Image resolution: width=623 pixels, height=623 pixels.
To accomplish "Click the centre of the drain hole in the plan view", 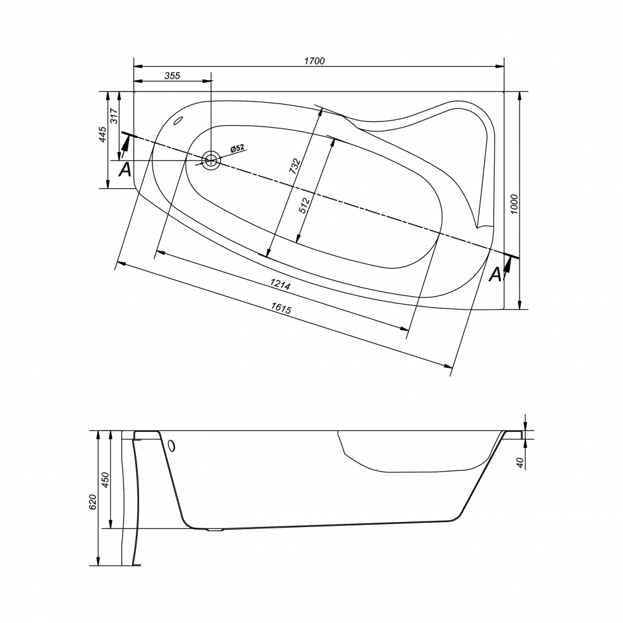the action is (211, 161).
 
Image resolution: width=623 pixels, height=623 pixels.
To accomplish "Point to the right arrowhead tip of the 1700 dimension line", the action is (504, 67).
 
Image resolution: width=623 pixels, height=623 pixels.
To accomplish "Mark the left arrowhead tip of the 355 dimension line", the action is (135, 81).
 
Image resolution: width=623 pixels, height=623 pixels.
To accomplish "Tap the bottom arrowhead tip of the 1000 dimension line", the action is (520, 309).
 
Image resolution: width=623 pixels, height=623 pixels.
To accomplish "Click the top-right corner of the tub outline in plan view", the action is (504, 92).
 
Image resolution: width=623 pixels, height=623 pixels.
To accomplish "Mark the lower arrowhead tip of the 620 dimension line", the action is (98, 565).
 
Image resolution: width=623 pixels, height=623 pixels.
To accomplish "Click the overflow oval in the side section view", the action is (172, 445).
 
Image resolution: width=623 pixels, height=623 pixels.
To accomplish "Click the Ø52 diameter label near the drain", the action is (237, 149).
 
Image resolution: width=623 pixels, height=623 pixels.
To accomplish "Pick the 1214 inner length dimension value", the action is (280, 285).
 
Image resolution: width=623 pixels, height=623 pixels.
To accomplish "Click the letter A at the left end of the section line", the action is (125, 169).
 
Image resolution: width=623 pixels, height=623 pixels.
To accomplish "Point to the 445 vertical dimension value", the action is (103, 135).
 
